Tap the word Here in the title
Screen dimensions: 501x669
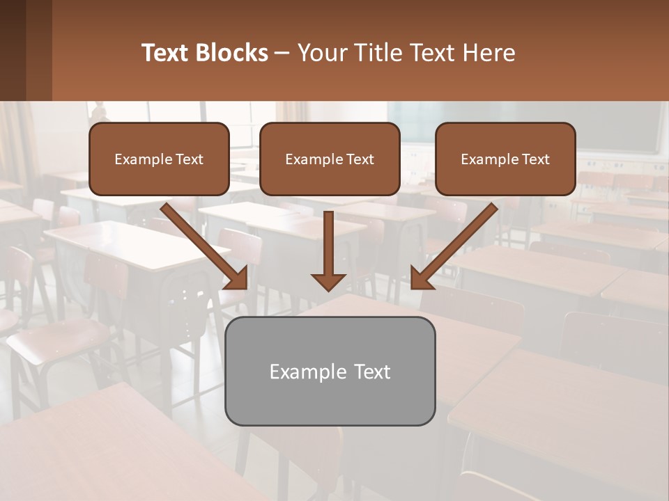(x=490, y=53)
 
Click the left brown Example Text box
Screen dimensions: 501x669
(x=159, y=159)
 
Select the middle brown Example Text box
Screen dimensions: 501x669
(x=330, y=159)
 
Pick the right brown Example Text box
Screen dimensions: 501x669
(x=505, y=159)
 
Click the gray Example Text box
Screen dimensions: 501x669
(x=330, y=371)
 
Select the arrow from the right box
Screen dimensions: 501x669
(x=454, y=246)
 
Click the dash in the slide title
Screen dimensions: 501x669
(x=282, y=53)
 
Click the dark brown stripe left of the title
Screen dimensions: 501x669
(x=39, y=50)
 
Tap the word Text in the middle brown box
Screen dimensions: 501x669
(x=359, y=159)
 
